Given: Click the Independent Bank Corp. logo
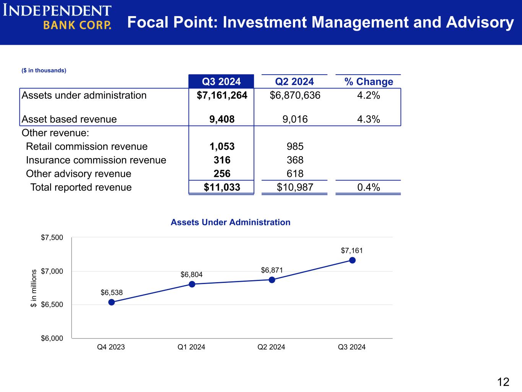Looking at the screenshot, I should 57,17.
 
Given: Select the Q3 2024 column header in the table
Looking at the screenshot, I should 221,82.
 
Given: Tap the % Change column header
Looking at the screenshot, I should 369,82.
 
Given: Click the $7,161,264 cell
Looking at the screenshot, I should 222,95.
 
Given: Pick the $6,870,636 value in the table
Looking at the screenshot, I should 295,95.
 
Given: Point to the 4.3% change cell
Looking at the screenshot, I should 368,119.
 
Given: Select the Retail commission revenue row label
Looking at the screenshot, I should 87,147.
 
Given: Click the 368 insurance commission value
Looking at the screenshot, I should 295,160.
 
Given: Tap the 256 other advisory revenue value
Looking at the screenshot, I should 222,174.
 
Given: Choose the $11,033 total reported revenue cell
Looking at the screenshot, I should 222,187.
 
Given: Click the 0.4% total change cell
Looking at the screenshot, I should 368,187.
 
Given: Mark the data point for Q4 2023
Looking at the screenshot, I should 112,302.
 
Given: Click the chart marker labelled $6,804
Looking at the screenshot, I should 192,284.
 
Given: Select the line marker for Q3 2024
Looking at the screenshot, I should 352,260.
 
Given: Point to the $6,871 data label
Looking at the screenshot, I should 272,270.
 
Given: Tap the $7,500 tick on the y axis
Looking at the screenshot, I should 52,238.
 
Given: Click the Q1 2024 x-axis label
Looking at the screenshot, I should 191,347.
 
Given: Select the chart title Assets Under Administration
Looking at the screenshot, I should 230,222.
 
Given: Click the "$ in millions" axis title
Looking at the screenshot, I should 34,289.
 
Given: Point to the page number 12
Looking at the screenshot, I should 503,382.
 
